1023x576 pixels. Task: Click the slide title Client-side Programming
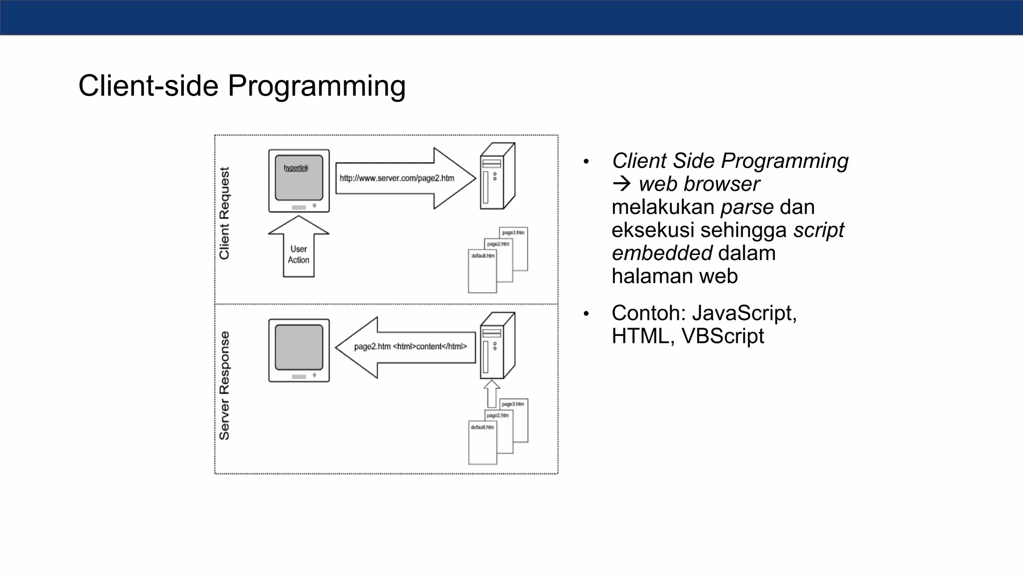coord(242,85)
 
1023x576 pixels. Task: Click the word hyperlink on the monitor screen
coord(296,168)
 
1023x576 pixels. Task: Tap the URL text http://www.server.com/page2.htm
coord(397,178)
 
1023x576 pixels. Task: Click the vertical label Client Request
coord(225,213)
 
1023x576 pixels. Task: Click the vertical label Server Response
coord(225,385)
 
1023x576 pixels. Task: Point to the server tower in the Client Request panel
coord(497,176)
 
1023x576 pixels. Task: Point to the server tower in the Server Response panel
coord(497,346)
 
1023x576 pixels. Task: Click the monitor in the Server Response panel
coord(299,350)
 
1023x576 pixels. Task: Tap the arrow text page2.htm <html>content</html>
coord(410,346)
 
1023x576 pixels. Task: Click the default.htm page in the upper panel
coord(482,272)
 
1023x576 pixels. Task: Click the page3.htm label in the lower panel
coord(513,404)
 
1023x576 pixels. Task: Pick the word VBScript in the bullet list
coord(723,336)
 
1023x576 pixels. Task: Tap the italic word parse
coord(747,207)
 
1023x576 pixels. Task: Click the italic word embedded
coord(662,253)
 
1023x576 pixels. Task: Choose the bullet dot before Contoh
coord(586,314)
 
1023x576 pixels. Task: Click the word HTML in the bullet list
coord(640,336)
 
